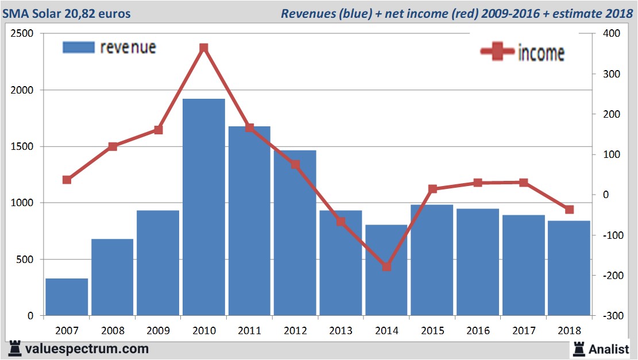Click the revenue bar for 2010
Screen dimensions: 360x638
(203, 207)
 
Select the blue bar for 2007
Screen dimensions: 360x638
(67, 297)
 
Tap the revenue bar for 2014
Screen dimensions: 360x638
(386, 270)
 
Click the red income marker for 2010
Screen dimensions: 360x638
(203, 48)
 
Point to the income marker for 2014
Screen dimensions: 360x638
(386, 267)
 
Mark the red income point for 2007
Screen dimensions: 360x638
(67, 180)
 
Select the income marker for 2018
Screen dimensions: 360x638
(569, 210)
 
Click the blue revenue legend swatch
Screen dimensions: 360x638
(78, 48)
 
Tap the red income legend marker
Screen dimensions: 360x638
(497, 52)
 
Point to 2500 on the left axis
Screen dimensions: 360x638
(22, 34)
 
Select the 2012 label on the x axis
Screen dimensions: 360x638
(295, 331)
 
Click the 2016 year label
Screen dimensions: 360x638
(478, 331)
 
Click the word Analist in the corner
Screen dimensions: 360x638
(609, 348)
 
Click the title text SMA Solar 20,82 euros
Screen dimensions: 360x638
(67, 13)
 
